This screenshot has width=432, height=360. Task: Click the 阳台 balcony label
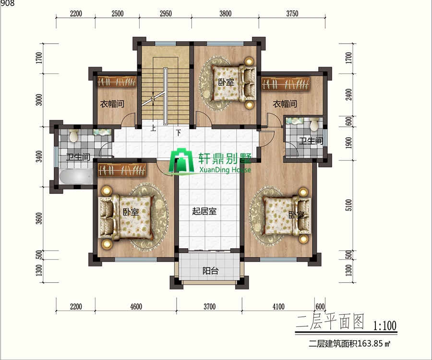tap(211, 271)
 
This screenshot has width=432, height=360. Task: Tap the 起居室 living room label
tap(204, 211)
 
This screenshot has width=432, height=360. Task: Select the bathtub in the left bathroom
tap(76, 176)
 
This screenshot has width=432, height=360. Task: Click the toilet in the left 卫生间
tap(73, 135)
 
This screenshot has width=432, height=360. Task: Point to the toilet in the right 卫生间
tap(314, 124)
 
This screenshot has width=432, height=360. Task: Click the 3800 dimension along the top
tap(226, 13)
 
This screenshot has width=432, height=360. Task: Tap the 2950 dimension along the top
tap(166, 13)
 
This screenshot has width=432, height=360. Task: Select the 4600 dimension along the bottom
tap(136, 307)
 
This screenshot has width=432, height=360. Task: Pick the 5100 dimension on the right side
tap(348, 205)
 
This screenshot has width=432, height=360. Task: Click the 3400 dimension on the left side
tap(39, 156)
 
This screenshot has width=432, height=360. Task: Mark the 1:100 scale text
tap(384, 325)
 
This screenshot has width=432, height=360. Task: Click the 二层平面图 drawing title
tap(330, 322)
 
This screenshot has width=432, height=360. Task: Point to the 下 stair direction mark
tap(179, 133)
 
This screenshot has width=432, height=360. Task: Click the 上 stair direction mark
tap(153, 128)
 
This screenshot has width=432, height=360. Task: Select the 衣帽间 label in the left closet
tap(112, 104)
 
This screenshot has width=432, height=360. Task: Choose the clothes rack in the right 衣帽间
tap(286, 84)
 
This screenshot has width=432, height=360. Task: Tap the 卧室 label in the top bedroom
tap(226, 82)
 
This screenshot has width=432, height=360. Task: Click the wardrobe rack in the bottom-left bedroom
tap(122, 169)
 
